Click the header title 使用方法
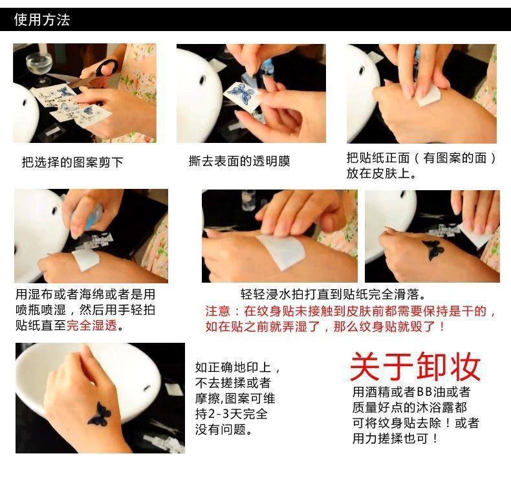pos(42,19)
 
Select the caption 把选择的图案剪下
pos(72,162)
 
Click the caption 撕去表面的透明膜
pos(239,161)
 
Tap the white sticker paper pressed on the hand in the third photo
pos(428,97)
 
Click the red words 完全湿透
pos(92,325)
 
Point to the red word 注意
pos(218,311)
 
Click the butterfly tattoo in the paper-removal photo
pos(433,250)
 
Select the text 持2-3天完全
pos(232,414)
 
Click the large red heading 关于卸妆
pos(415,367)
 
